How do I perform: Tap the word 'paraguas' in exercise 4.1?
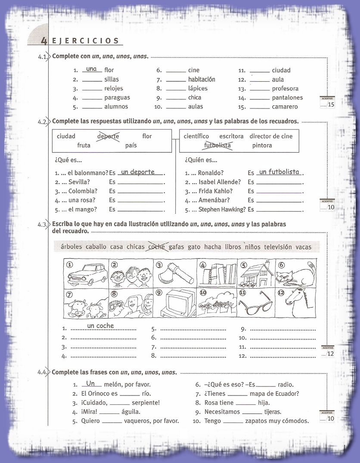click(117, 98)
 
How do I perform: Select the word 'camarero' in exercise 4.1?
click(285, 107)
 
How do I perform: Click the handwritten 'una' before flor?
click(91, 69)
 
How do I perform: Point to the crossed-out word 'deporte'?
click(108, 136)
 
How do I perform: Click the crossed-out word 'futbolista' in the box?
click(217, 145)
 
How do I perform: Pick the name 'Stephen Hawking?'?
click(222, 210)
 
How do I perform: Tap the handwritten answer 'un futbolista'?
click(279, 172)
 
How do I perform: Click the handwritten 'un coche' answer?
click(100, 326)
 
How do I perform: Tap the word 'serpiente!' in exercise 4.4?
click(146, 403)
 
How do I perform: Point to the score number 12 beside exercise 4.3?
click(330, 354)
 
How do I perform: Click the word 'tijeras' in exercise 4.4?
click(274, 412)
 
